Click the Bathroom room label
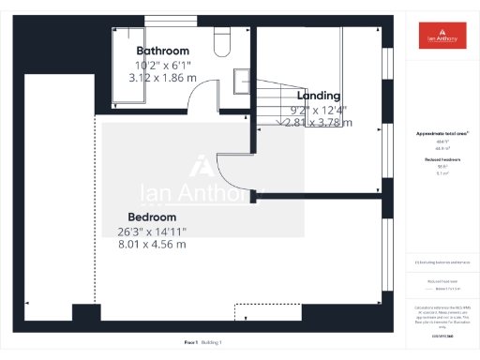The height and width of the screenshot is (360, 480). (x=162, y=51)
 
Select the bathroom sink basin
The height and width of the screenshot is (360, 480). (x=241, y=77)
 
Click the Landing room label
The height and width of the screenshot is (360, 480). (x=318, y=96)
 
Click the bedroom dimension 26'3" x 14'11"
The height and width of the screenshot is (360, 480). (x=152, y=232)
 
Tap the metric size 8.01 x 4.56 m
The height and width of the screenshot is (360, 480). (x=152, y=245)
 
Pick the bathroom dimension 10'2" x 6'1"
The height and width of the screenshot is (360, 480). (x=162, y=66)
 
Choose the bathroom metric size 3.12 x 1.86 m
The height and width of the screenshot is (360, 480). (x=162, y=79)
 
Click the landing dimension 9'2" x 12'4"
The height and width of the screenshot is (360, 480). (x=318, y=109)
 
